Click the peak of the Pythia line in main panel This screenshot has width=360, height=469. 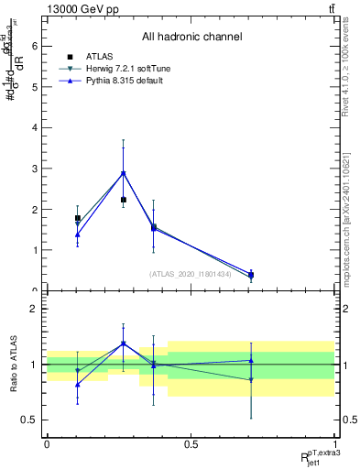pos(124,173)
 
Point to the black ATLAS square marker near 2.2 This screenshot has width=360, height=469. pos(124,200)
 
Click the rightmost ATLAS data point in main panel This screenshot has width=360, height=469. pos(251,275)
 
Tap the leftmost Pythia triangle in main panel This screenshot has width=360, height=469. pos(78,234)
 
